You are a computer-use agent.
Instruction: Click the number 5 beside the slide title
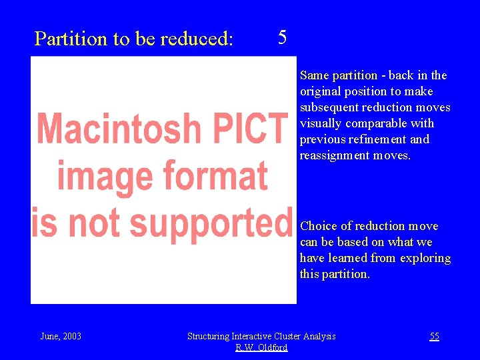pos(282,37)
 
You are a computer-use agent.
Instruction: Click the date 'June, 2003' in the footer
pos(61,336)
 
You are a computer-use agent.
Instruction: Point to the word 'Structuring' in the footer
pos(212,336)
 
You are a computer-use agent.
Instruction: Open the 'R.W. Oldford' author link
pos(261,347)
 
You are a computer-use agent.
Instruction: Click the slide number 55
pos(434,336)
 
